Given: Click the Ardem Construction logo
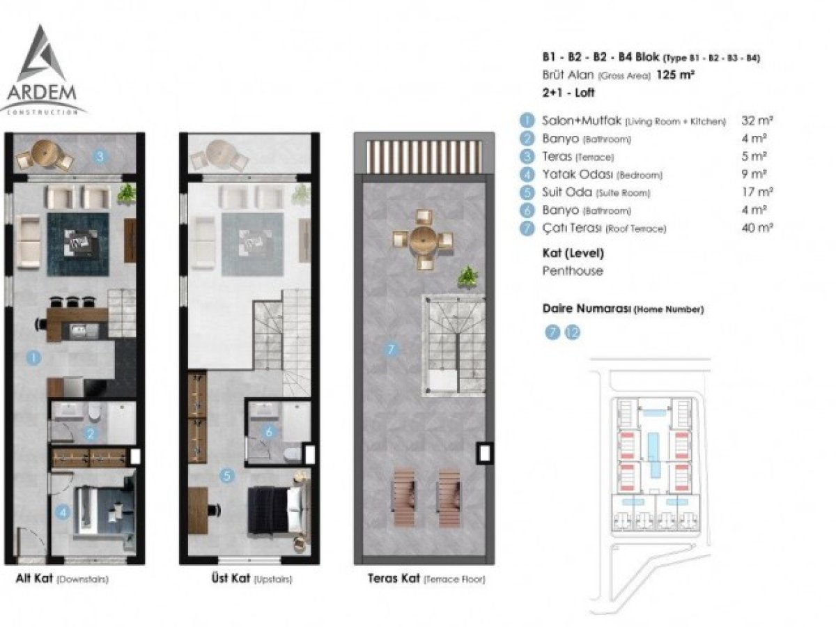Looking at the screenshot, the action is pyautogui.click(x=42, y=70).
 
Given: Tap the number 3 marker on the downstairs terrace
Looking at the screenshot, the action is pyautogui.click(x=100, y=157).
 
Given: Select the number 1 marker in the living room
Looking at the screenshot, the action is pyautogui.click(x=33, y=358).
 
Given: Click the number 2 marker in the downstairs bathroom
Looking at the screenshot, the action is pyautogui.click(x=91, y=433).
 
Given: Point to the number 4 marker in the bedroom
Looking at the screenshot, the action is pyautogui.click(x=63, y=512).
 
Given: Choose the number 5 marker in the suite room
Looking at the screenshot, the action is pyautogui.click(x=227, y=476).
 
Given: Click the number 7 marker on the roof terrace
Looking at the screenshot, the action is pyautogui.click(x=391, y=349).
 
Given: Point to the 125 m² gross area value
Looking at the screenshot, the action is pyautogui.click(x=675, y=75).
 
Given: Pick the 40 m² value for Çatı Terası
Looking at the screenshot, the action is pyautogui.click(x=757, y=228).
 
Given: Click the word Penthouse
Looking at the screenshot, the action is pyautogui.click(x=573, y=271).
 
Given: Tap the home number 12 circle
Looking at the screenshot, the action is pyautogui.click(x=573, y=333).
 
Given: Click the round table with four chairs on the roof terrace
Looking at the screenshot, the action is pyautogui.click(x=423, y=240).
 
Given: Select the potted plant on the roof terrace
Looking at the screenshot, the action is pyautogui.click(x=467, y=276).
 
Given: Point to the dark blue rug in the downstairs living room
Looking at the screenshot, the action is pyautogui.click(x=78, y=244).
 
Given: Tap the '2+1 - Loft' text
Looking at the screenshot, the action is pyautogui.click(x=568, y=93).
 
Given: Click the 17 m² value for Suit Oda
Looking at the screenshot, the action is pyautogui.click(x=757, y=192).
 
